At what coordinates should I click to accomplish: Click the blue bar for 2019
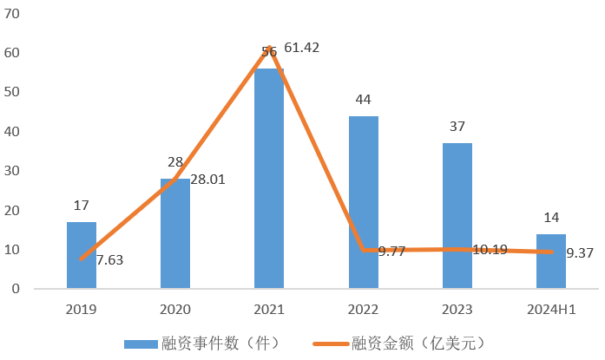point(82,255)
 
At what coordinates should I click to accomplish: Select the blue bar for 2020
point(175,233)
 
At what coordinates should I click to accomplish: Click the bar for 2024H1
point(551,261)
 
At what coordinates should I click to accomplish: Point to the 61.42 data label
point(302,48)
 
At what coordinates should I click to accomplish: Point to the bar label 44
point(363,100)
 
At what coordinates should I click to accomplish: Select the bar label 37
point(457,127)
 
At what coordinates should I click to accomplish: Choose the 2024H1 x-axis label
point(551,308)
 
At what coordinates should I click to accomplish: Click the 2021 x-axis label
point(269,308)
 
